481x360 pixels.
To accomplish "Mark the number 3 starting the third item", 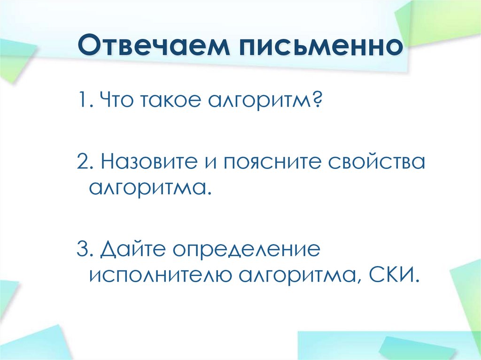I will click(82, 250).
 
